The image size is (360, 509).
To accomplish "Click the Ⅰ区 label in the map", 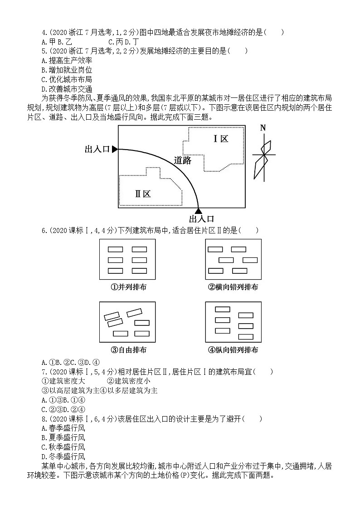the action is pyautogui.click(x=221, y=139).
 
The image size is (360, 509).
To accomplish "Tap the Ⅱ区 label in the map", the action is pyautogui.click(x=142, y=194).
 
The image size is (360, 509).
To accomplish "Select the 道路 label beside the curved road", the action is pyautogui.click(x=183, y=160).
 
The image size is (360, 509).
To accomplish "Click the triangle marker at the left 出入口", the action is pyautogui.click(x=115, y=149).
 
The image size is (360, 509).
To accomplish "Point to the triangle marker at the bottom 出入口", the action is pyautogui.click(x=198, y=210).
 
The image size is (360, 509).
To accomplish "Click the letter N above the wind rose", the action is pyautogui.click(x=263, y=128).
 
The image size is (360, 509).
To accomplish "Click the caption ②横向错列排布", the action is pyautogui.click(x=233, y=287).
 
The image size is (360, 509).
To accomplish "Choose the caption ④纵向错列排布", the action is pyautogui.click(x=233, y=349).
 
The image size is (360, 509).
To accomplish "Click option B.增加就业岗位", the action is pyautogui.click(x=67, y=70).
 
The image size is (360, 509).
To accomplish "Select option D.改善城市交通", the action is pyautogui.click(x=67, y=89).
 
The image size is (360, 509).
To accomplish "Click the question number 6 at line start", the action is pyautogui.click(x=44, y=230).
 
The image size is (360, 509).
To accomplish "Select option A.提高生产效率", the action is pyautogui.click(x=67, y=60).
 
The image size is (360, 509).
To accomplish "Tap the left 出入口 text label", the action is pyautogui.click(x=97, y=149).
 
